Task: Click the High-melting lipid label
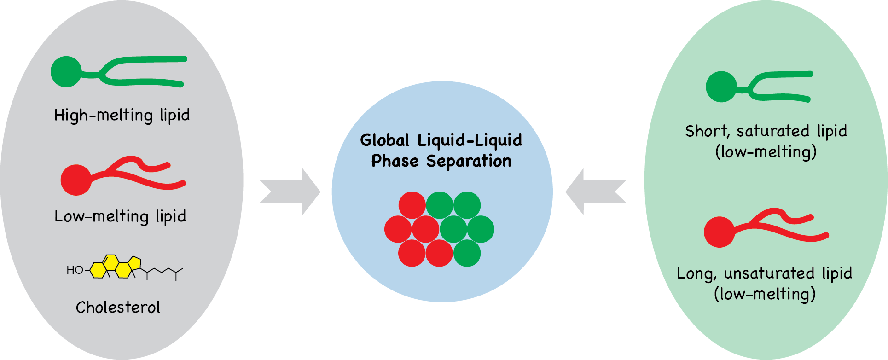click(x=122, y=115)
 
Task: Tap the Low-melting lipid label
click(x=120, y=216)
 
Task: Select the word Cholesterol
click(x=118, y=308)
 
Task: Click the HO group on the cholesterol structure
click(x=75, y=270)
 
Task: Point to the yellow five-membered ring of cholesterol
click(x=134, y=263)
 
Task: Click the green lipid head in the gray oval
click(x=66, y=72)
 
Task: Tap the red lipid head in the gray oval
click(x=76, y=180)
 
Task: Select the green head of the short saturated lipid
click(x=721, y=87)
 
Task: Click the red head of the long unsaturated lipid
click(x=719, y=232)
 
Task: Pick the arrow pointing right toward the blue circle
click(x=290, y=192)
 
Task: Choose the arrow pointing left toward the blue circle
click(x=596, y=192)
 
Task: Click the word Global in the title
click(x=384, y=140)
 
